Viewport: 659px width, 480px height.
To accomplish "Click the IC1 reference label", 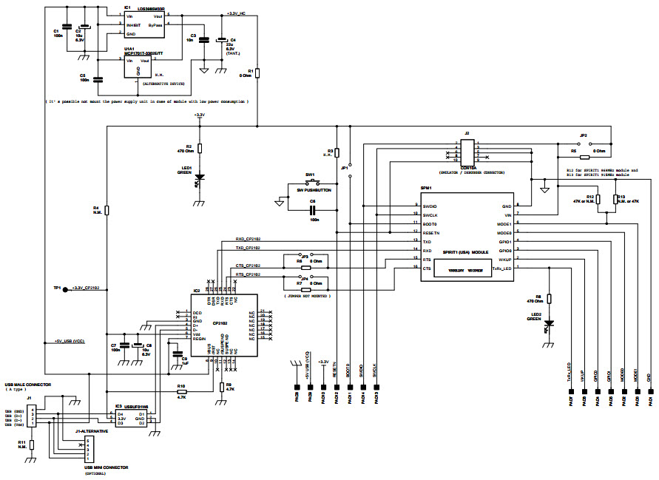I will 127,8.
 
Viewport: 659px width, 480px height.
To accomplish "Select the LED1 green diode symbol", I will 199,178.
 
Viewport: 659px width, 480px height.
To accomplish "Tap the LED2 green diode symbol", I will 548,323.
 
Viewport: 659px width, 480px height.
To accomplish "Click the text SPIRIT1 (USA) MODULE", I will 465,252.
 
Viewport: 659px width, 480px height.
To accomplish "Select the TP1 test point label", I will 57,288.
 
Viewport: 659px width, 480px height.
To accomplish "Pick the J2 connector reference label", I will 467,133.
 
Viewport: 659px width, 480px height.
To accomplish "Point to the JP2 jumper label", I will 583,135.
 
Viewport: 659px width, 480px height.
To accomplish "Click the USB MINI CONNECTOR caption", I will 98,467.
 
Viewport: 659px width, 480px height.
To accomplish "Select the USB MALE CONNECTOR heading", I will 27,385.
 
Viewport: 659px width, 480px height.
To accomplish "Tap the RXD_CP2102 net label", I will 248,239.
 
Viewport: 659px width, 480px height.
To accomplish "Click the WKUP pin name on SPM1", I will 504,260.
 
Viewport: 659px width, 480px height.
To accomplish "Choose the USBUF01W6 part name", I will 137,406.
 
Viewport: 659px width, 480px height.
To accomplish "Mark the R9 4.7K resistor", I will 221,386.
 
